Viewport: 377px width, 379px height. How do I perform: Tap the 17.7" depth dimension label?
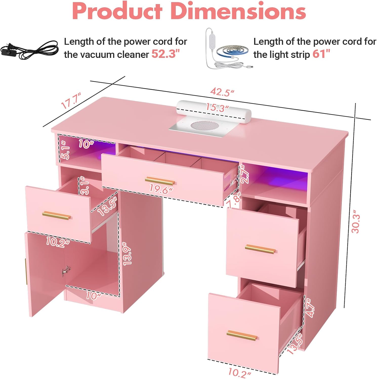point(71,101)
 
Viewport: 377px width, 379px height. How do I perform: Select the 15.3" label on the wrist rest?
point(217,108)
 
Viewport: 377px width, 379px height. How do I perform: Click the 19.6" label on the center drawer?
point(161,189)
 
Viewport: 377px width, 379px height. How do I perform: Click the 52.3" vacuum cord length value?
point(165,54)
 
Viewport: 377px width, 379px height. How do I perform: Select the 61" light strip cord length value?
point(321,54)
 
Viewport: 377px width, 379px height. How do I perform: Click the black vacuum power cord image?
point(29,49)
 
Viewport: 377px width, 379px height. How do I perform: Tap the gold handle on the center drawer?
point(160,181)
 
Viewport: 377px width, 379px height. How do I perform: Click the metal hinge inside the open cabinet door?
point(66,271)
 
